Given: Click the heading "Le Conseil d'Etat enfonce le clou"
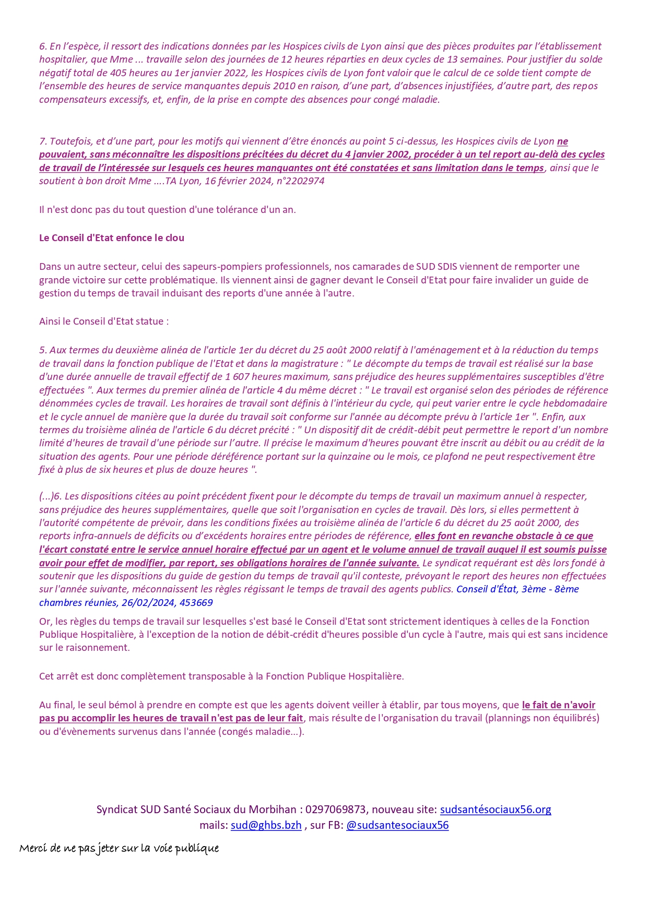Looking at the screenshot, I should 111,238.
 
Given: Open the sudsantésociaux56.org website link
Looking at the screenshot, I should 495,810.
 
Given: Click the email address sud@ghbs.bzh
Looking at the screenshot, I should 266,825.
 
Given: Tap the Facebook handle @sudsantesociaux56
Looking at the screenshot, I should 397,825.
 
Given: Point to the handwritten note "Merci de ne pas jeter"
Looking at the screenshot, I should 119,848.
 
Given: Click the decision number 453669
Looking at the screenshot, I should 196,602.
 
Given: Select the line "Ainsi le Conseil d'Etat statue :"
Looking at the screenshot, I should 104,322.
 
